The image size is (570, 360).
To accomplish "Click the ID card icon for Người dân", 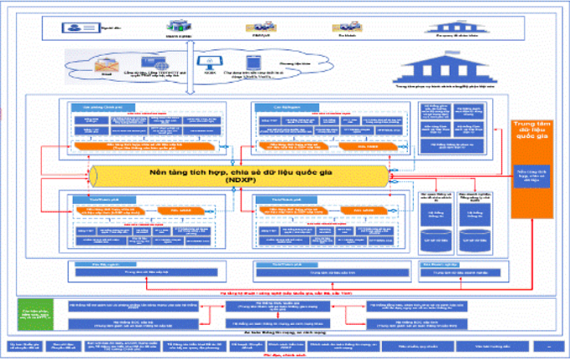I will [78, 27].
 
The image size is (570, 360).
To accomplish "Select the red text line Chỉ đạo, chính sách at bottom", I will [284, 356].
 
